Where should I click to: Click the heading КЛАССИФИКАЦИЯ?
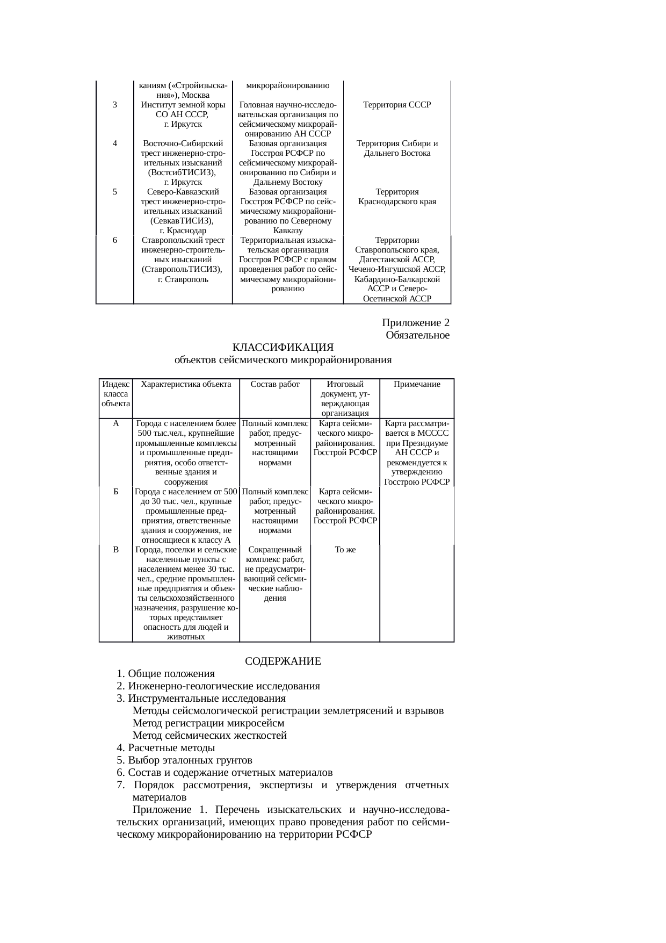[x=283, y=348]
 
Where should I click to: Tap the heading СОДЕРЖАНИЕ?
[x=283, y=661]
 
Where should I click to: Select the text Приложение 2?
[x=416, y=322]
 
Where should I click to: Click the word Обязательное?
[x=417, y=335]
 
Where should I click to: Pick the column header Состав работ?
[x=275, y=384]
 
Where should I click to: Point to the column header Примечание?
[x=417, y=384]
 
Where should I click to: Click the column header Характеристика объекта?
[x=186, y=384]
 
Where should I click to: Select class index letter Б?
[x=116, y=492]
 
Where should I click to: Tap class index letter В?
[x=116, y=550]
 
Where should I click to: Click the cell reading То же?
[x=345, y=550]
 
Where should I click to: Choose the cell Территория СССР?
[x=397, y=105]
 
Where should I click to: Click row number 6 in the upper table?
[x=115, y=240]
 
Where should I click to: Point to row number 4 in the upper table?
[x=115, y=143]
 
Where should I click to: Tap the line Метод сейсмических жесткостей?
[x=209, y=736]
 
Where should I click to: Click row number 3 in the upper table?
[x=115, y=105]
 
